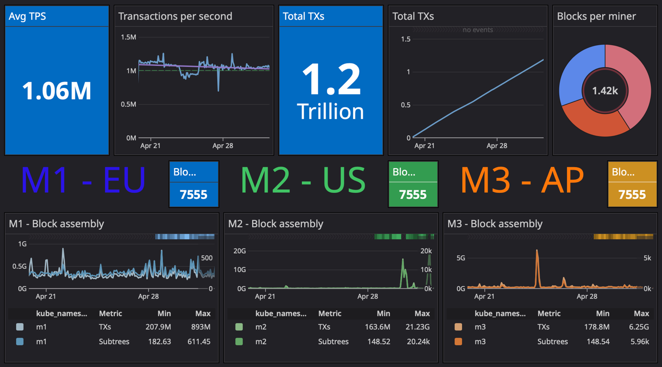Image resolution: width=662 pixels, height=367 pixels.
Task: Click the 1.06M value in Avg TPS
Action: coord(57,91)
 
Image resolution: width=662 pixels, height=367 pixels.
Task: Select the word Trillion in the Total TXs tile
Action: coord(331,111)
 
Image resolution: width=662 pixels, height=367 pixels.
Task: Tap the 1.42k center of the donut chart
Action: coord(605,91)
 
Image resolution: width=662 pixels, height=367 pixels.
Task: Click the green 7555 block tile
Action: coord(413,194)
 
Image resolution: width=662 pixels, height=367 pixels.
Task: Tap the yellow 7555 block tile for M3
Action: coord(632,194)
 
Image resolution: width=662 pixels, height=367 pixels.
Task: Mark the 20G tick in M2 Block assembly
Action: coord(239,251)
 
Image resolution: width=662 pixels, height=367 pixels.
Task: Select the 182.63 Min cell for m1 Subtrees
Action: coord(161,342)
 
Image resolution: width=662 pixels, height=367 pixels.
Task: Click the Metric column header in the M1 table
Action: coord(110,313)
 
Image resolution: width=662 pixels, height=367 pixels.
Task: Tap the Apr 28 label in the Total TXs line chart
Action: coord(497,146)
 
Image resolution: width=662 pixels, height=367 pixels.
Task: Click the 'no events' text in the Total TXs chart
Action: coord(478,30)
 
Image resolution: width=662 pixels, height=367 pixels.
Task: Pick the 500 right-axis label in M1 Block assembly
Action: coord(207,258)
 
